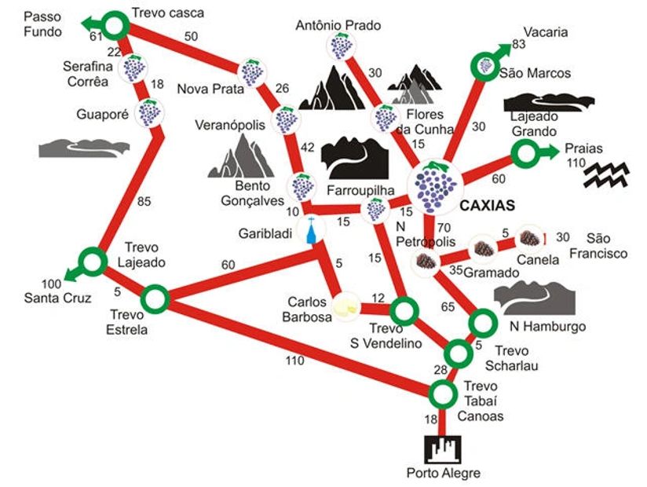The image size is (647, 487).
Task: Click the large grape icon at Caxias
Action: [435, 187]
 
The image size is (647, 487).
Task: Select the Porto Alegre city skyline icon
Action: [443, 450]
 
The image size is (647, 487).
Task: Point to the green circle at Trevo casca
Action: [115, 26]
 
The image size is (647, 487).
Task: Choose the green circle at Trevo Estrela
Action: [155, 298]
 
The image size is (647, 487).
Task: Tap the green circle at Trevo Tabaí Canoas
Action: [443, 394]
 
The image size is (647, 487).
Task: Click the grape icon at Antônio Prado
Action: [342, 46]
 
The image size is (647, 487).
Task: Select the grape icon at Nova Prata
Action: [252, 72]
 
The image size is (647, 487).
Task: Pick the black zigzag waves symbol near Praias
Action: [606, 174]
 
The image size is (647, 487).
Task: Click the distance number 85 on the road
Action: [144, 201]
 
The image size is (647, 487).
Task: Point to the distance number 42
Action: [308, 148]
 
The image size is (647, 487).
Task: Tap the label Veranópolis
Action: [230, 125]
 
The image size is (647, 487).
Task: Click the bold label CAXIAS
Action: [488, 205]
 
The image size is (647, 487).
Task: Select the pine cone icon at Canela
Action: [530, 238]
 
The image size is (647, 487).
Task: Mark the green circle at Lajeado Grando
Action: [525, 153]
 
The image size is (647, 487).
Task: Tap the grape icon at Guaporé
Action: [149, 112]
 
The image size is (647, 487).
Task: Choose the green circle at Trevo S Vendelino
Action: [404, 311]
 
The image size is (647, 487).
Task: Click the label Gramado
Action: [492, 273]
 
